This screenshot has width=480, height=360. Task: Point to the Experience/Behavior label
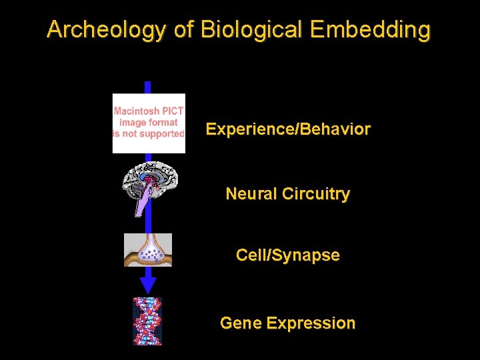click(288, 129)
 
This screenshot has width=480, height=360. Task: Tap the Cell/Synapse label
click(288, 255)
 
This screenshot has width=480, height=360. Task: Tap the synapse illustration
click(148, 249)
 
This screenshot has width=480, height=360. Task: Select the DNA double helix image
click(147, 321)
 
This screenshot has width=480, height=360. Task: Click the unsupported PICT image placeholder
click(149, 123)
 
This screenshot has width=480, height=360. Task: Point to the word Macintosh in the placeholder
click(136, 111)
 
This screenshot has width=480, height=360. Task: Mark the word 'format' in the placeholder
click(164, 123)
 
